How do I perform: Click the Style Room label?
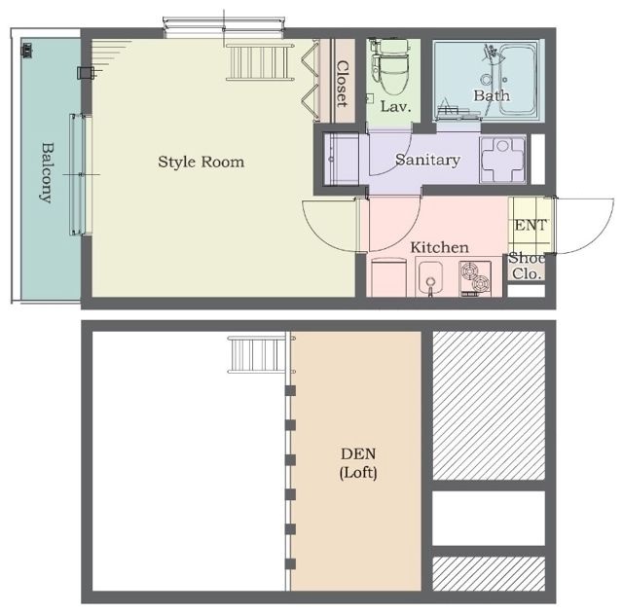(202, 163)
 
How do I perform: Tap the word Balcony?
(47, 173)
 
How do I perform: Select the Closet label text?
(342, 84)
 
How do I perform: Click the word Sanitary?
(428, 160)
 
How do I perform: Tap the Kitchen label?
(439, 247)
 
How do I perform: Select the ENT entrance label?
(531, 225)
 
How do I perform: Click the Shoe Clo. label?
(527, 266)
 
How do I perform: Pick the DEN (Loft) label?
(358, 463)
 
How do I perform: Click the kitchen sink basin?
(430, 275)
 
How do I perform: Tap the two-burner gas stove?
(475, 278)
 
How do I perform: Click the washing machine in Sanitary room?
(502, 160)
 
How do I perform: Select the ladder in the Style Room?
(260, 62)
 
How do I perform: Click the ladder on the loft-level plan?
(257, 354)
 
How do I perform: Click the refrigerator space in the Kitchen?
(388, 277)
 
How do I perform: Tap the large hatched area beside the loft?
(489, 406)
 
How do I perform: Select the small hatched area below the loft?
(489, 573)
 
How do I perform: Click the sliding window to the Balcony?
(81, 174)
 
